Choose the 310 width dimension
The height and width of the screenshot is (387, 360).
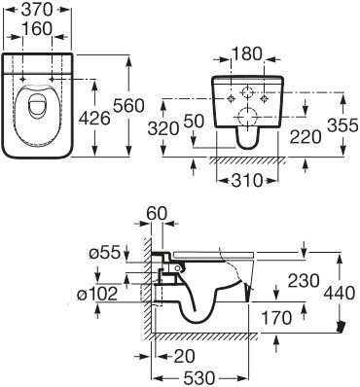pos(241,181)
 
